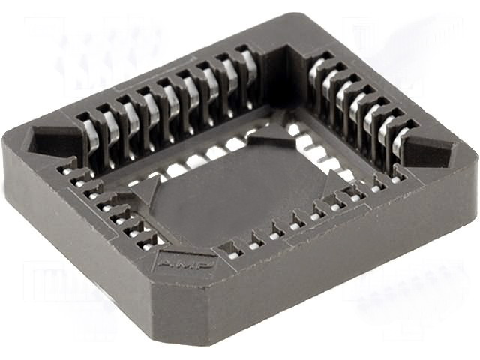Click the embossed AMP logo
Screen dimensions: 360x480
pyautogui.click(x=184, y=263)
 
